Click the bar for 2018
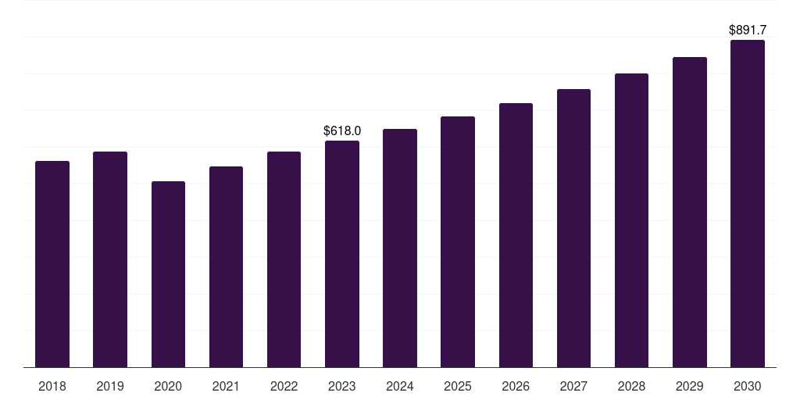[x=52, y=264]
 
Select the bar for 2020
[x=168, y=274]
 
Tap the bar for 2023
[x=342, y=254]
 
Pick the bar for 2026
[x=516, y=235]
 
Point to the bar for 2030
[x=748, y=203]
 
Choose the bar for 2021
[x=226, y=266]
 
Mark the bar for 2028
[x=631, y=220]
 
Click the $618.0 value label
[x=342, y=130]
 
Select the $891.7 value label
[x=748, y=30]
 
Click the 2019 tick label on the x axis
[x=110, y=386]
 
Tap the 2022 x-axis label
[x=284, y=386]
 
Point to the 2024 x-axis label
[x=400, y=386]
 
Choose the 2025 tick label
[x=458, y=386]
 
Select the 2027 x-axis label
[x=573, y=386]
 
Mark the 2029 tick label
[x=689, y=386]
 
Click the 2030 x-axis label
[x=748, y=386]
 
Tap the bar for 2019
[x=110, y=259]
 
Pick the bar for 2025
[x=458, y=241]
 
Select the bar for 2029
[x=689, y=212]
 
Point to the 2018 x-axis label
[x=52, y=386]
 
